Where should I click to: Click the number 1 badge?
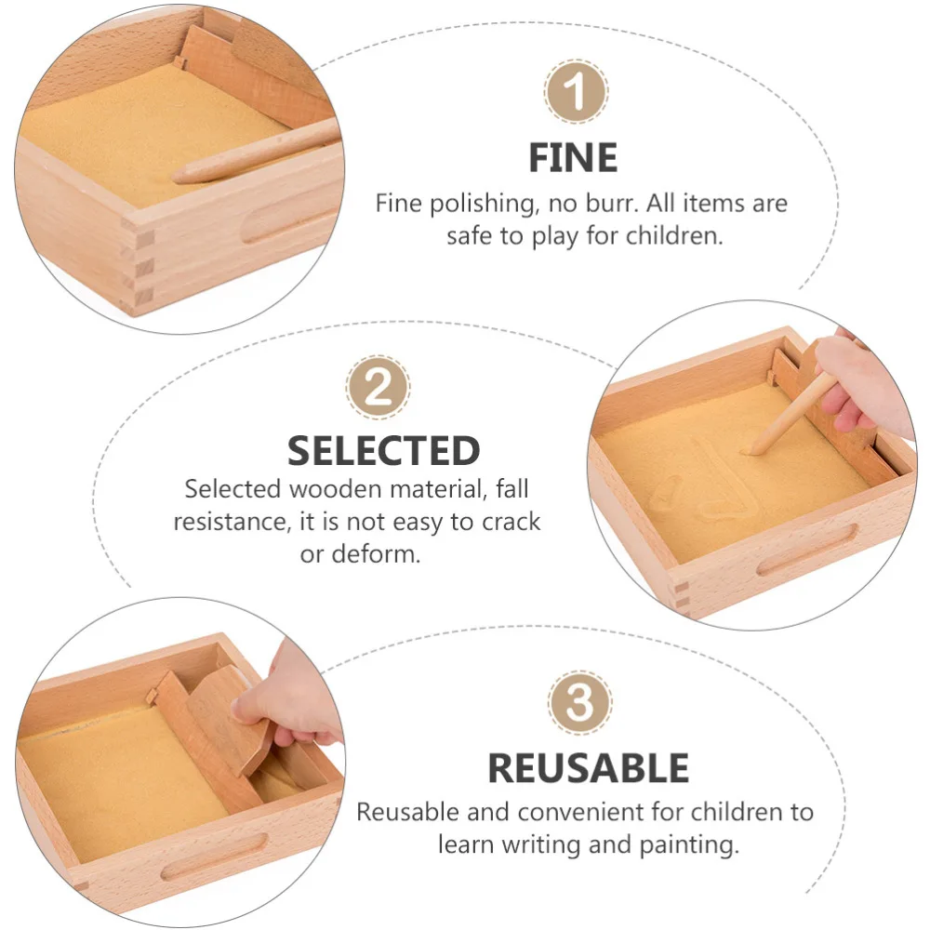coord(577,93)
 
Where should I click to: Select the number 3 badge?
coord(579,703)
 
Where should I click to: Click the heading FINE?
coord(573,158)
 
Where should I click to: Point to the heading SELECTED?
coord(383,451)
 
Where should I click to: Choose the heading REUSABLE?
coord(588,769)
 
